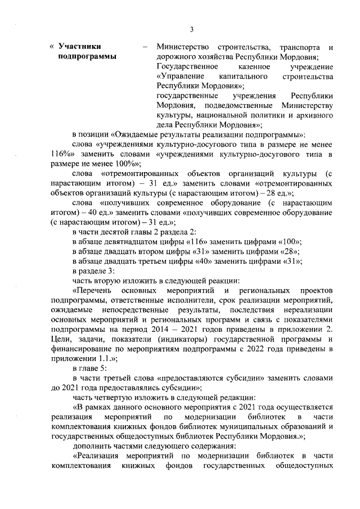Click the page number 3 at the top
click(191, 30)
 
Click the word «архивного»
click(314, 115)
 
